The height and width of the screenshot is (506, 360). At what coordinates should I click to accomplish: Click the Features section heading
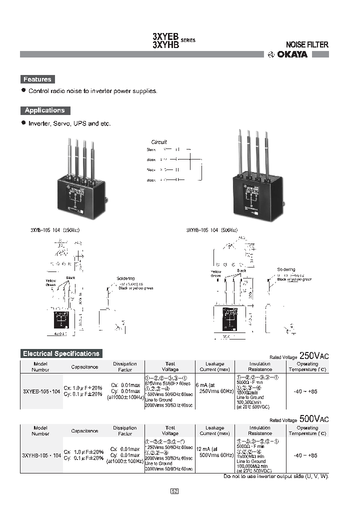37,79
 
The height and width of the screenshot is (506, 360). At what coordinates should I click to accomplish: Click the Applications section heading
45,110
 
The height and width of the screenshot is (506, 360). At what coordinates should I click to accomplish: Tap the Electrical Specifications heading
61,353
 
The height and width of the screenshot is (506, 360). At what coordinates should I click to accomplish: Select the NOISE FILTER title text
306,44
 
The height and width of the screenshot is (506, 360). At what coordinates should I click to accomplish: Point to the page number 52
174,491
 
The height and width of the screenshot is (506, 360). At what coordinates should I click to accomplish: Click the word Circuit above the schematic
159,142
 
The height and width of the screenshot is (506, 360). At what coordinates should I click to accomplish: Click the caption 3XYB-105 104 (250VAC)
55,230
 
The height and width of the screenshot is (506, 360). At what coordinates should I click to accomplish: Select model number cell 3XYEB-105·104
41,391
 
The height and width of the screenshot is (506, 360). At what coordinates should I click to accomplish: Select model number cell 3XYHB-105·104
41,455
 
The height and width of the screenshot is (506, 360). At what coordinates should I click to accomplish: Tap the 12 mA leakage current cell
214,451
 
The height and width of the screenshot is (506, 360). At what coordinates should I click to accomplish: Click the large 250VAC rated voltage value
314,355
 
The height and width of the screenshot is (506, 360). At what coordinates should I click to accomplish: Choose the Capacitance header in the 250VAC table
84,366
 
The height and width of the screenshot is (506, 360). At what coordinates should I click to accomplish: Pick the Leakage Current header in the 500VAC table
214,430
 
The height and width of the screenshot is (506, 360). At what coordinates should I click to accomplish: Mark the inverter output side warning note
275,476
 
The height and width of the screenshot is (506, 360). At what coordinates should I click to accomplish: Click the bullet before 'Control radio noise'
23,90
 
